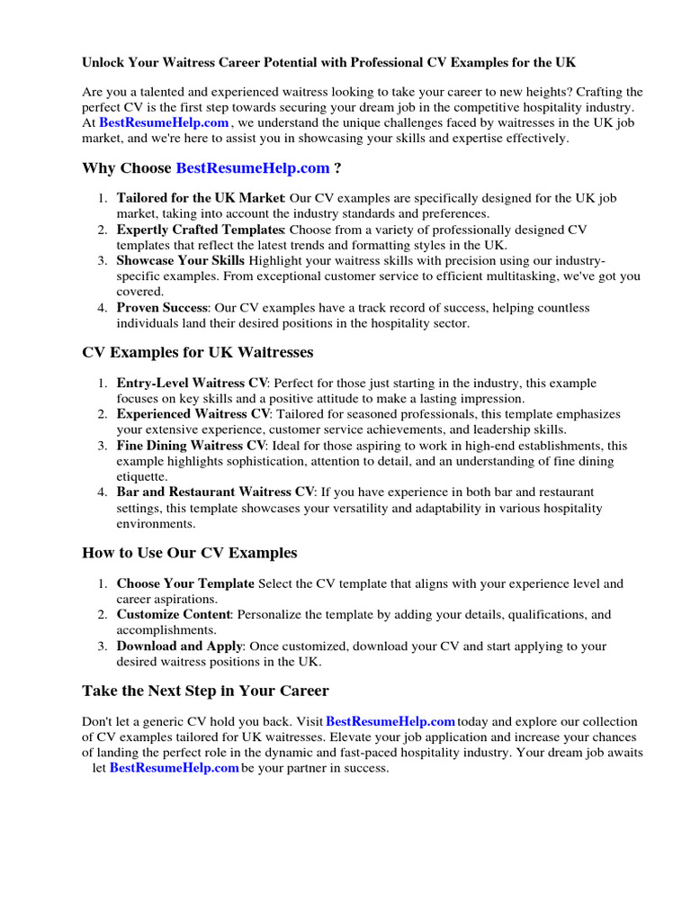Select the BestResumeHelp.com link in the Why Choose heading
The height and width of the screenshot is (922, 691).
coord(252,167)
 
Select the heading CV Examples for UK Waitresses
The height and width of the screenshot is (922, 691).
coord(197,352)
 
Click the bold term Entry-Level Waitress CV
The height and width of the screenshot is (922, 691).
coord(191,384)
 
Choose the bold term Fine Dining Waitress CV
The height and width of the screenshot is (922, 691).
coord(191,446)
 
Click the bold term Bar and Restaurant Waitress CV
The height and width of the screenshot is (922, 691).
coord(215,493)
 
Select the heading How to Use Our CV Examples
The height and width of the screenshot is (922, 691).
coord(189,552)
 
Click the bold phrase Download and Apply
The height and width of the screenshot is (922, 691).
coord(179,646)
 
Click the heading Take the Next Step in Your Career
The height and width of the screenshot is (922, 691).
coord(205,691)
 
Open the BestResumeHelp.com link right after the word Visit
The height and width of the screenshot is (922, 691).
coord(390,722)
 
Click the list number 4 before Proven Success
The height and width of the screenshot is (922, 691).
coord(103,308)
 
